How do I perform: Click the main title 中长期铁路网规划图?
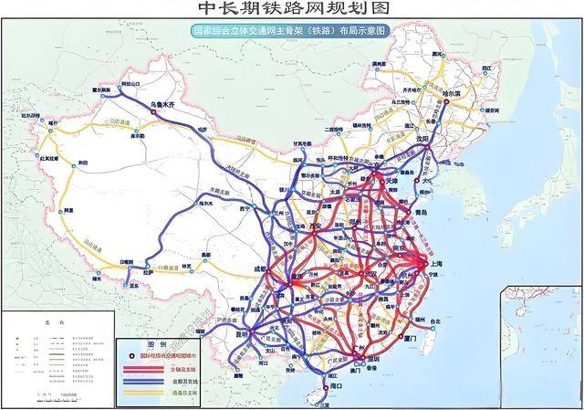[x=292, y=10]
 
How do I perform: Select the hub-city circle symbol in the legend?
[x=132, y=355]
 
